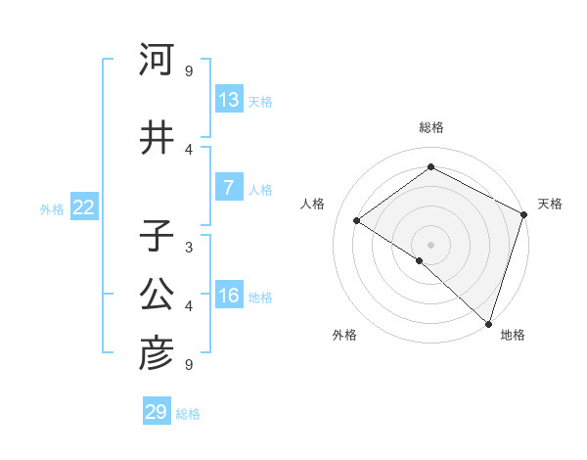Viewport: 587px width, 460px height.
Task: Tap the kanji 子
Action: pos(157,238)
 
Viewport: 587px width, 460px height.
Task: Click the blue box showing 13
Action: pos(229,101)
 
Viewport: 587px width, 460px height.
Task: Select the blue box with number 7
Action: pos(229,189)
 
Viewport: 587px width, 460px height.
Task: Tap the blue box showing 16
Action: pos(229,297)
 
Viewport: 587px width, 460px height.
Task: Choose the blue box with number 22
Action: pos(84,207)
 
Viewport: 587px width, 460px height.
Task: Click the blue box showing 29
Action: pos(157,412)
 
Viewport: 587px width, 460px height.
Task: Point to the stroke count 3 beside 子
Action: pos(189,247)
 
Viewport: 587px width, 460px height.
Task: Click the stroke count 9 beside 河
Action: pos(189,70)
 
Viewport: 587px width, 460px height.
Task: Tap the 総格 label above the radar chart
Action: pos(430,127)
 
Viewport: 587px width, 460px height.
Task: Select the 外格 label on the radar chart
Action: pos(344,335)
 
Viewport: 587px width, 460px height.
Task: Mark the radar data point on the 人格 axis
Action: pos(357,221)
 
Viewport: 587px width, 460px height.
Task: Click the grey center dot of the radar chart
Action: pos(430,244)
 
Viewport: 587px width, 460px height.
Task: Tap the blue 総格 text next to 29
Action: pos(188,414)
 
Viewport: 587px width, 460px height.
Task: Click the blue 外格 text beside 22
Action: pos(51,208)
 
